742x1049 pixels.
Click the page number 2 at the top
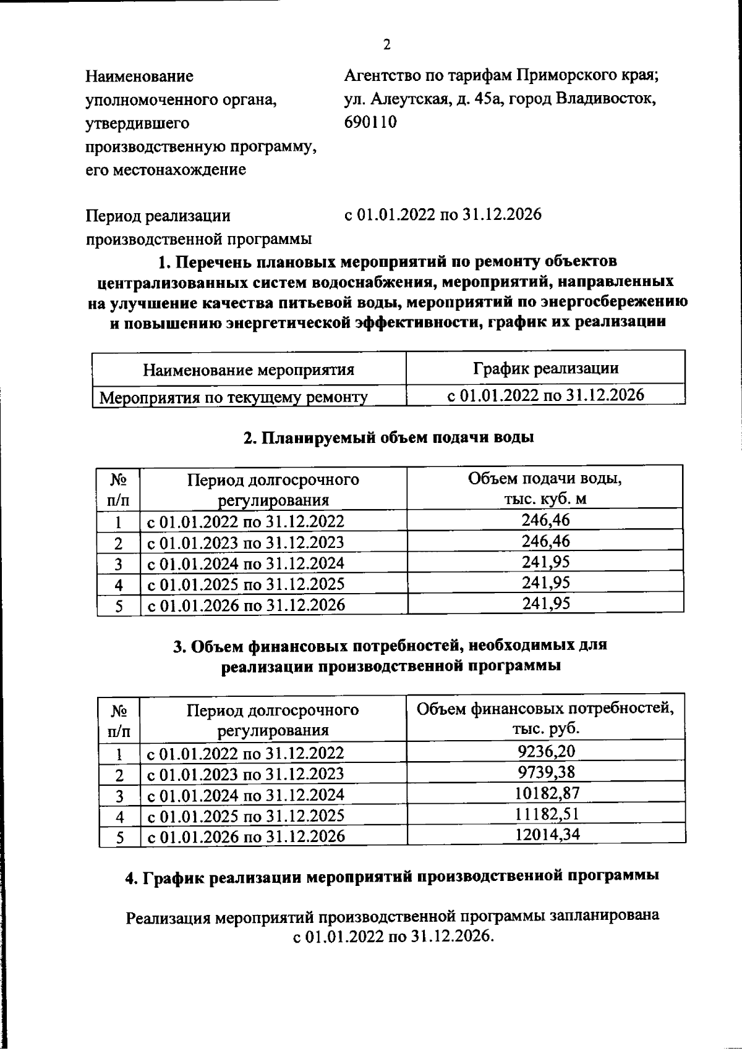point(386,44)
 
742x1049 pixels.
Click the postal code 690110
point(370,122)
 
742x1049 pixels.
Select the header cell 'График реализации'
point(545,369)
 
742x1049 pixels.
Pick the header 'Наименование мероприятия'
point(249,370)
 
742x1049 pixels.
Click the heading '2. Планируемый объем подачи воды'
point(388,437)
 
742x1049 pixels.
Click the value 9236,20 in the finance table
point(545,751)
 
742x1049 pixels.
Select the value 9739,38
point(545,772)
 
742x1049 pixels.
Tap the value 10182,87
point(545,793)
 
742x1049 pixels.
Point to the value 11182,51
point(545,814)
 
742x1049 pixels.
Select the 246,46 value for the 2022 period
point(545,520)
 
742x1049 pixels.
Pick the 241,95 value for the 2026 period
point(545,603)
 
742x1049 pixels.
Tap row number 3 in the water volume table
point(118,563)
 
